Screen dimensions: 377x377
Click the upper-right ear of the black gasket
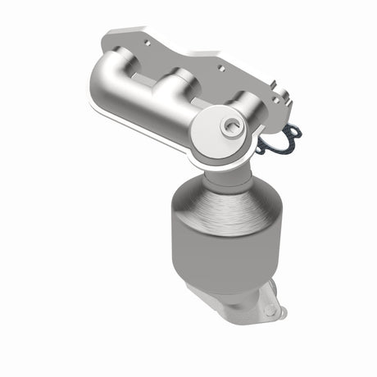click(x=295, y=130)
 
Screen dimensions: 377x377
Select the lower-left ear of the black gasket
click(x=261, y=149)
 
